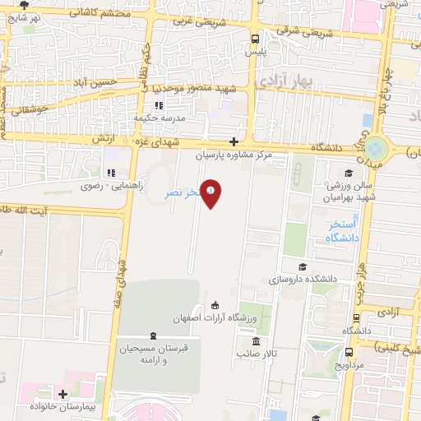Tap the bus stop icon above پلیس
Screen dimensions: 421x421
(x=254, y=38)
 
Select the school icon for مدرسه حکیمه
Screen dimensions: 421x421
(x=160, y=104)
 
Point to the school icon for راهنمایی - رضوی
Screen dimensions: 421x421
(x=110, y=173)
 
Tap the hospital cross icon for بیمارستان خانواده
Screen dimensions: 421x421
(x=62, y=396)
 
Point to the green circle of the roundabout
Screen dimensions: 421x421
(x=376, y=149)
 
